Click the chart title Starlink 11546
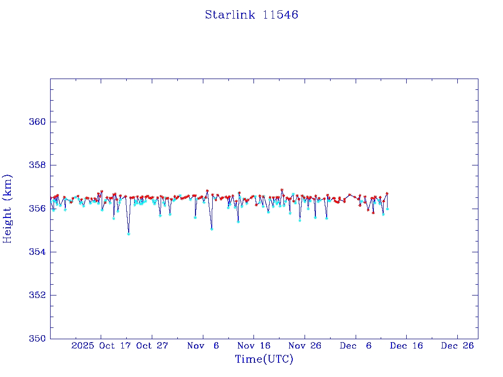click(x=251, y=15)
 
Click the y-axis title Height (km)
click(x=8, y=209)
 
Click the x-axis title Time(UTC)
click(x=264, y=359)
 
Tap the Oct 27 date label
click(x=152, y=346)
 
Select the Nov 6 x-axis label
click(x=203, y=346)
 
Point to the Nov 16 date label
click(x=254, y=346)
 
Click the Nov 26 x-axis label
click(x=305, y=346)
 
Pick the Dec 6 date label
click(x=356, y=346)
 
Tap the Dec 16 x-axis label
click(x=406, y=346)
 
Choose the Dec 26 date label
click(x=457, y=346)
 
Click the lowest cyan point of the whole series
click(x=129, y=234)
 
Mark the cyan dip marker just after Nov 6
click(x=212, y=229)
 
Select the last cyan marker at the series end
click(x=388, y=209)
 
